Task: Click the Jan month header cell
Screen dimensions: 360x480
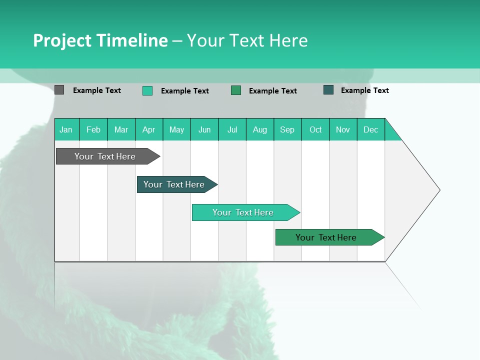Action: click(66, 129)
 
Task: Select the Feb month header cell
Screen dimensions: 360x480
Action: click(93, 129)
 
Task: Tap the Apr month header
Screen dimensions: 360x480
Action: click(149, 129)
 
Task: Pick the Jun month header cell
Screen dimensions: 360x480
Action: click(204, 129)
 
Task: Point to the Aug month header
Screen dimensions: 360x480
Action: click(260, 129)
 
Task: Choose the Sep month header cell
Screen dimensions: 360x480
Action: click(287, 129)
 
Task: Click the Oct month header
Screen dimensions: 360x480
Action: click(315, 129)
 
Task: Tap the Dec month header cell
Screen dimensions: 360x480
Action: click(371, 129)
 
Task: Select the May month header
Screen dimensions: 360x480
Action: click(176, 129)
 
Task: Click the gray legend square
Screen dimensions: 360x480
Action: click(59, 90)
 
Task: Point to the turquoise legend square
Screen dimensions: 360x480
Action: click(147, 90)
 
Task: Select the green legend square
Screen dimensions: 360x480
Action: click(236, 90)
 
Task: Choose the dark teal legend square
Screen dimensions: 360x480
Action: click(328, 90)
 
